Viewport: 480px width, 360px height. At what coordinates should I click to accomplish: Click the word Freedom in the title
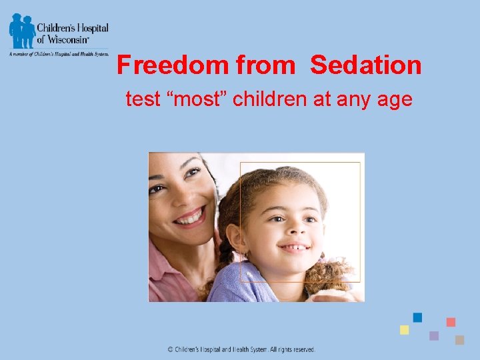click(173, 65)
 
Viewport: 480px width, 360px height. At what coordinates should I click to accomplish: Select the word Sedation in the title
click(366, 65)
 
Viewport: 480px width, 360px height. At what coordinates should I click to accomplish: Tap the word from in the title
click(265, 65)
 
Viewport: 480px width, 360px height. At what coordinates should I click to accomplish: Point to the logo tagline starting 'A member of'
click(59, 54)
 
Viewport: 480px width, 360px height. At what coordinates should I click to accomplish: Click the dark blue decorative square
click(417, 317)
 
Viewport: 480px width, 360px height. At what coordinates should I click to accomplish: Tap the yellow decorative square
click(404, 330)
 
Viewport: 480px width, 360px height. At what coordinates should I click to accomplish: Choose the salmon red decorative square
click(451, 322)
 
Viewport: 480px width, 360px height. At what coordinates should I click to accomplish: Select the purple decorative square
click(434, 335)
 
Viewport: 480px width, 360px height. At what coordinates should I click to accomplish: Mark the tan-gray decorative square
click(459, 339)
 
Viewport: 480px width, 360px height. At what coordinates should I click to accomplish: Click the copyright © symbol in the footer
click(170, 349)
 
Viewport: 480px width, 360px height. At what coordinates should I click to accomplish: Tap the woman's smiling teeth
click(192, 217)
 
